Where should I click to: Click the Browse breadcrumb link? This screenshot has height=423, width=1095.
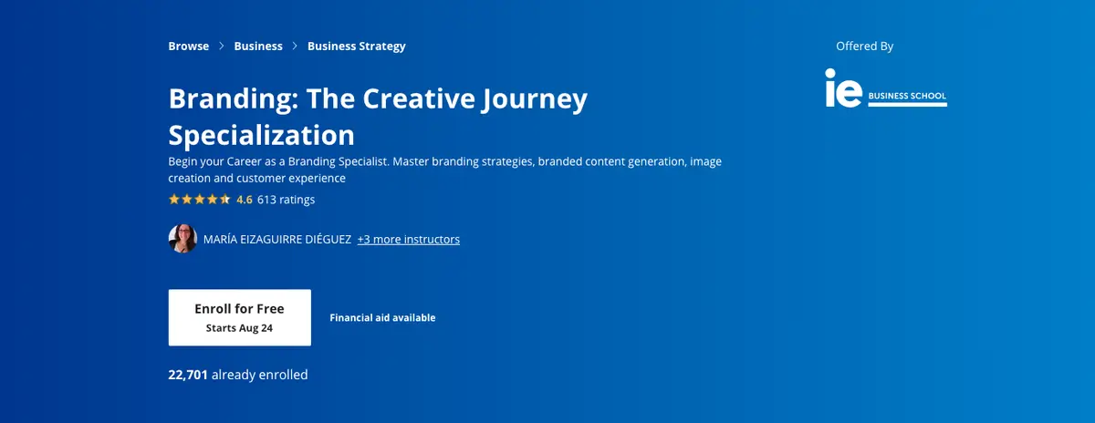point(188,46)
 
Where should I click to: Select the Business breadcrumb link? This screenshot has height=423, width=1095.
point(258,46)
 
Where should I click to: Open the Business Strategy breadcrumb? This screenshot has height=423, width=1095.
point(356,46)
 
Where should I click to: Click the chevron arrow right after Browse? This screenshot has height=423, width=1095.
point(222,46)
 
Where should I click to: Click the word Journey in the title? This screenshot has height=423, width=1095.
point(532,98)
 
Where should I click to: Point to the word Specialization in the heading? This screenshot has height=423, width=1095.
point(261,135)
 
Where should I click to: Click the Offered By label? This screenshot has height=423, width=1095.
point(864,46)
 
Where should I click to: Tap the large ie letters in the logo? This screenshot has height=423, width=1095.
point(842,88)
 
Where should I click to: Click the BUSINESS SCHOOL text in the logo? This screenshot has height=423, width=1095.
point(907,96)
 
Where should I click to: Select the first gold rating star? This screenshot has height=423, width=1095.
point(174,199)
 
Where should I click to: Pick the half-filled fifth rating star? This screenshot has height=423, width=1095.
point(225,199)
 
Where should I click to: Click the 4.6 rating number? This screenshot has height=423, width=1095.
point(245,199)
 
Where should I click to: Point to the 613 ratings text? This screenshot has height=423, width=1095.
point(286,199)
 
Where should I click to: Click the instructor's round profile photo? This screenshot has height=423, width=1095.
point(182,239)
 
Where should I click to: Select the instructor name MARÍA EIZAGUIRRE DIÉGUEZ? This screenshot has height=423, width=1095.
point(277,239)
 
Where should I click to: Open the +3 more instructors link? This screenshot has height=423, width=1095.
point(408,239)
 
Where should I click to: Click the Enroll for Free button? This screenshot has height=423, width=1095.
point(239,317)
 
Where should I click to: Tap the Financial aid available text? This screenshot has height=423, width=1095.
point(382,317)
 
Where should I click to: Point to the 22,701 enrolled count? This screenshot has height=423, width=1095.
point(188,374)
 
